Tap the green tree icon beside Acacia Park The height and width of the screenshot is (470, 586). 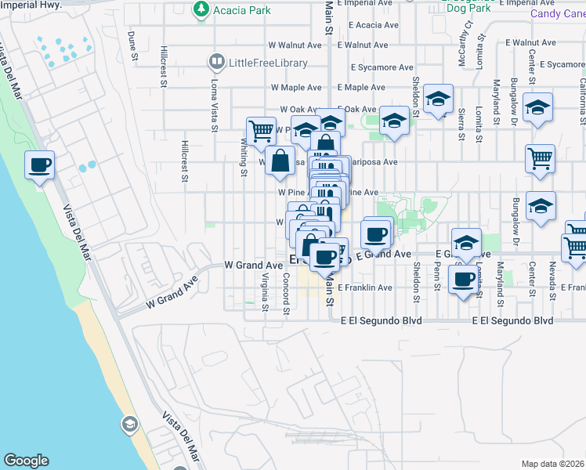(x=201, y=9)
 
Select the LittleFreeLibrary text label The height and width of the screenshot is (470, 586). (x=264, y=63)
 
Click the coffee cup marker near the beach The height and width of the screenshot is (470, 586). (x=39, y=165)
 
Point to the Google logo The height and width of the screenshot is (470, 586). (x=26, y=461)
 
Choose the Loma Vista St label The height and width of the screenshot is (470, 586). (x=214, y=101)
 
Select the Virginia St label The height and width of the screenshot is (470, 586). (x=265, y=292)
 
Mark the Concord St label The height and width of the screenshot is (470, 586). (x=287, y=295)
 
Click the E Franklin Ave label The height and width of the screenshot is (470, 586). (x=365, y=287)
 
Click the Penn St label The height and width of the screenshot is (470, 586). (x=437, y=277)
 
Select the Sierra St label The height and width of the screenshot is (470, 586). (x=462, y=125)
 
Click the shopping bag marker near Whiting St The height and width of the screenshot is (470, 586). (x=280, y=161)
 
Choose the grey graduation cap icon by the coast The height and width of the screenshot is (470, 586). (x=129, y=425)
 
